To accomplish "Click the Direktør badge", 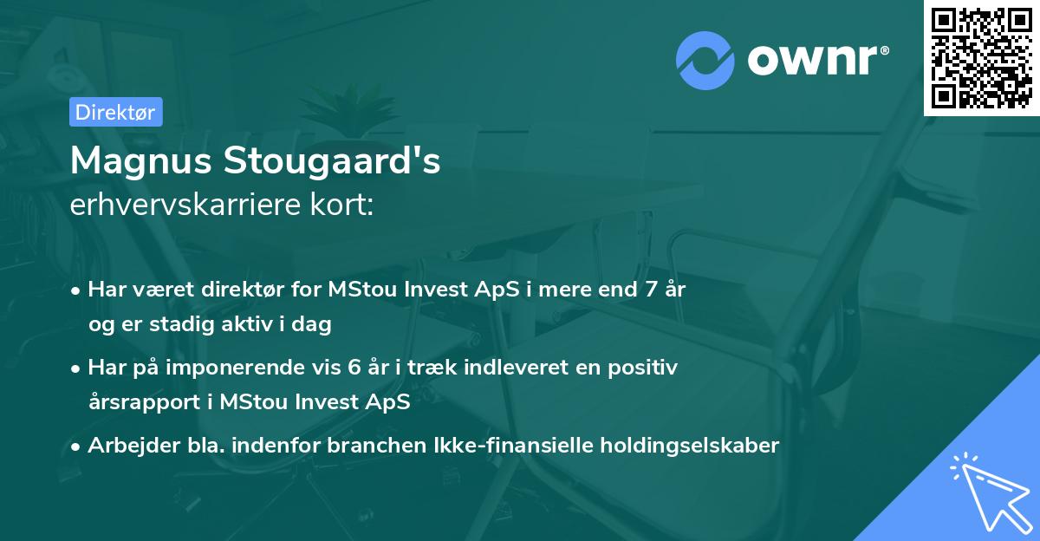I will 115,112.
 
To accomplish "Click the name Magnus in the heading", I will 140,160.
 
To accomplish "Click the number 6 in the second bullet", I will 354,368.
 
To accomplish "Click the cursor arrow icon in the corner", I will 988,490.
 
